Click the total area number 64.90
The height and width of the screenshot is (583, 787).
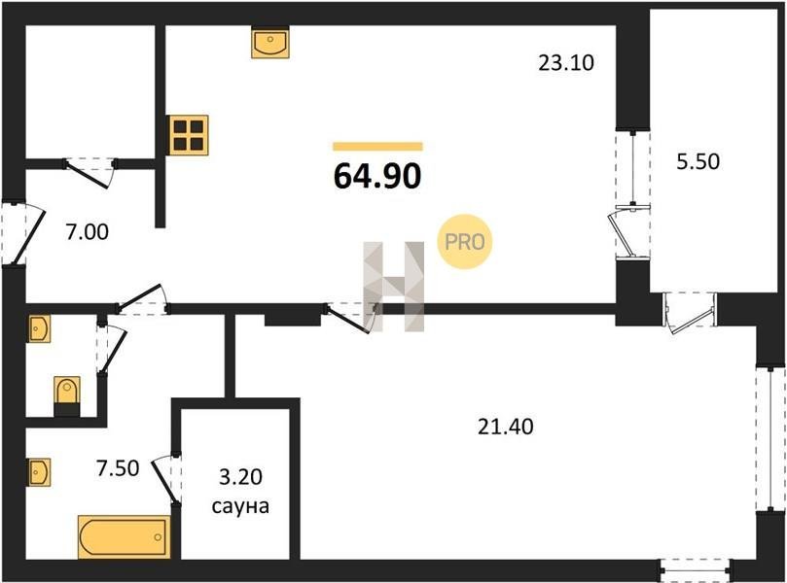[377, 177]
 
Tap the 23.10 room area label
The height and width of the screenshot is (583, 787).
[565, 62]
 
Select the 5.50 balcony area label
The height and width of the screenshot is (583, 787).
[698, 161]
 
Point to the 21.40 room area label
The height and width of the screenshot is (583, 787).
[505, 427]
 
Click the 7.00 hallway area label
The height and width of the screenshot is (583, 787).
[87, 232]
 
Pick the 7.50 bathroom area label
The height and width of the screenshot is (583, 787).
[118, 468]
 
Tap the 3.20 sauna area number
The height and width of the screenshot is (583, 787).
[240, 477]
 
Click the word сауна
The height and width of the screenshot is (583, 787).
[240, 506]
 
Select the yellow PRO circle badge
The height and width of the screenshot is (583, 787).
[465, 242]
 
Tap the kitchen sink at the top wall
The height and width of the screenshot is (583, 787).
[270, 44]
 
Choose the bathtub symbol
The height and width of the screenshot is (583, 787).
[124, 537]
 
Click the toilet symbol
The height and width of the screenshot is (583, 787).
[67, 396]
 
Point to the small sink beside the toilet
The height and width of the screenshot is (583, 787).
[39, 328]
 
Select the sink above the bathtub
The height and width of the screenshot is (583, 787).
[39, 472]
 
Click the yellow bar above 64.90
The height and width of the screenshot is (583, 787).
[377, 147]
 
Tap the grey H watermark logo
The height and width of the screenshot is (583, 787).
[394, 287]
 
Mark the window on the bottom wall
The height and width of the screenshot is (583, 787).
[695, 569]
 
